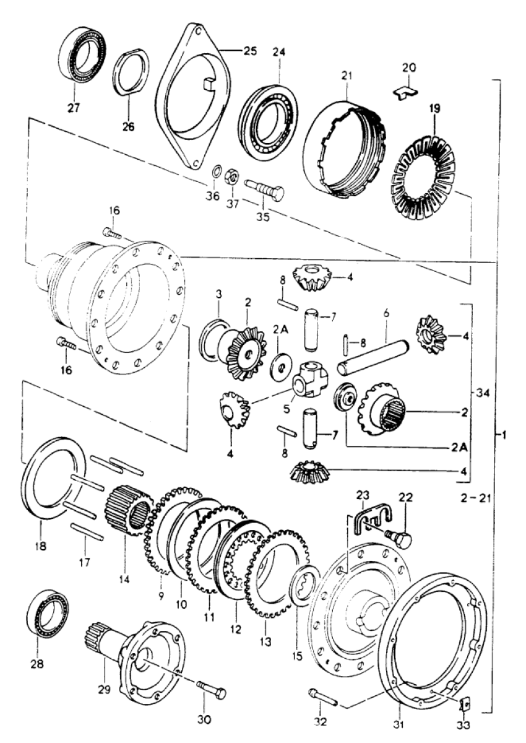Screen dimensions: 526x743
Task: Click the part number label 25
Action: tap(250, 51)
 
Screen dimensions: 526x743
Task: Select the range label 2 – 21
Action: tap(476, 498)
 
